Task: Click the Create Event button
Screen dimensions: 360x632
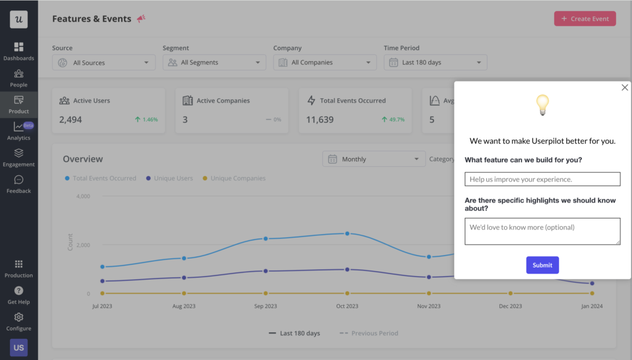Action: pyautogui.click(x=584, y=19)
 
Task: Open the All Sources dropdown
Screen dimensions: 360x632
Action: pyautogui.click(x=104, y=62)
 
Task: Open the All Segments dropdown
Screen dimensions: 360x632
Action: pyautogui.click(x=214, y=62)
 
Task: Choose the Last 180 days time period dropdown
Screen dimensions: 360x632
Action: pyautogui.click(x=435, y=62)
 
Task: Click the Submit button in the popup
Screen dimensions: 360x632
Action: pyautogui.click(x=543, y=265)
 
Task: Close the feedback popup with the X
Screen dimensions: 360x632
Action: pyautogui.click(x=625, y=88)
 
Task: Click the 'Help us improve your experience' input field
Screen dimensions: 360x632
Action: pyautogui.click(x=542, y=179)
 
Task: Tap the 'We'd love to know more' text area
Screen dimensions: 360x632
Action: pyautogui.click(x=542, y=231)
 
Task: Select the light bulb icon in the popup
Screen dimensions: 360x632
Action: pyautogui.click(x=542, y=106)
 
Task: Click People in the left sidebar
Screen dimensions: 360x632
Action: pyautogui.click(x=19, y=78)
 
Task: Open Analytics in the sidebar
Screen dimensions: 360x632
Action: pyautogui.click(x=19, y=131)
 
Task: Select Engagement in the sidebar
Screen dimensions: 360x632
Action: pyautogui.click(x=19, y=157)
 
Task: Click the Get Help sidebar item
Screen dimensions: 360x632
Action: pyautogui.click(x=19, y=295)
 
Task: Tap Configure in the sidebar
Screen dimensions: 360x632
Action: pyautogui.click(x=19, y=322)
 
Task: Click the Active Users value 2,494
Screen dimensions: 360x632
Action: pyautogui.click(x=70, y=120)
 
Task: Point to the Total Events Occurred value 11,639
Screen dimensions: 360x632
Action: pyautogui.click(x=320, y=120)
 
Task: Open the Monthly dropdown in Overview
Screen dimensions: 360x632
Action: pyautogui.click(x=373, y=159)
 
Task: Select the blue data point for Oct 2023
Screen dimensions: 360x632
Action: pyautogui.click(x=347, y=233)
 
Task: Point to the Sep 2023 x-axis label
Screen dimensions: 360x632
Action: pyautogui.click(x=265, y=306)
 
